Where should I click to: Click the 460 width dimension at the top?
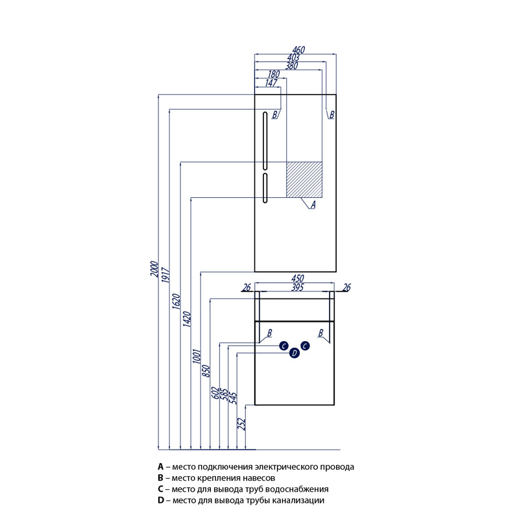click(x=298, y=50)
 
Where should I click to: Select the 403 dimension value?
click(x=295, y=58)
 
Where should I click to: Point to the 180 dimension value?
click(x=272, y=74)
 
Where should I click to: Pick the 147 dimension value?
click(x=271, y=82)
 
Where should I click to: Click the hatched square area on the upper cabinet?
click(x=304, y=178)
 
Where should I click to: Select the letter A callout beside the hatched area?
click(x=313, y=205)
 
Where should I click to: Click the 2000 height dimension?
click(x=154, y=269)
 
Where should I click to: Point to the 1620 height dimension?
click(x=176, y=304)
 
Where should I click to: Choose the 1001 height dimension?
click(x=197, y=357)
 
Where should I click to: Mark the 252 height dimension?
click(x=242, y=424)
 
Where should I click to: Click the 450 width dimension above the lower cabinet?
click(x=298, y=280)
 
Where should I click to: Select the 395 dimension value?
click(x=298, y=287)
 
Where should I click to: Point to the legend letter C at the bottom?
click(x=160, y=489)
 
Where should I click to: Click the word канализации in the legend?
click(x=298, y=501)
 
